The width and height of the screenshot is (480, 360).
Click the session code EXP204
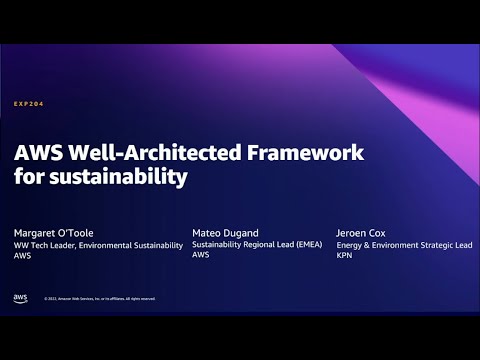pyautogui.click(x=28, y=103)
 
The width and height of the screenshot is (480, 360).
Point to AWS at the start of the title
pyautogui.click(x=34, y=153)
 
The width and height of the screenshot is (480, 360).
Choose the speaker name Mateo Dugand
pyautogui.click(x=224, y=231)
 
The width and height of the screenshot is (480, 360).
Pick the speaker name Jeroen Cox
pyautogui.click(x=361, y=231)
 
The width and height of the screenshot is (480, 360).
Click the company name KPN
pyautogui.click(x=343, y=255)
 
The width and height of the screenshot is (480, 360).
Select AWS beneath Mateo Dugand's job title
pyautogui.click(x=201, y=255)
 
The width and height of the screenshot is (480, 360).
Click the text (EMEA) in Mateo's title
pyautogui.click(x=307, y=244)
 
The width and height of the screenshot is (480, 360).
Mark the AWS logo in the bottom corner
pyautogui.click(x=21, y=298)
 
